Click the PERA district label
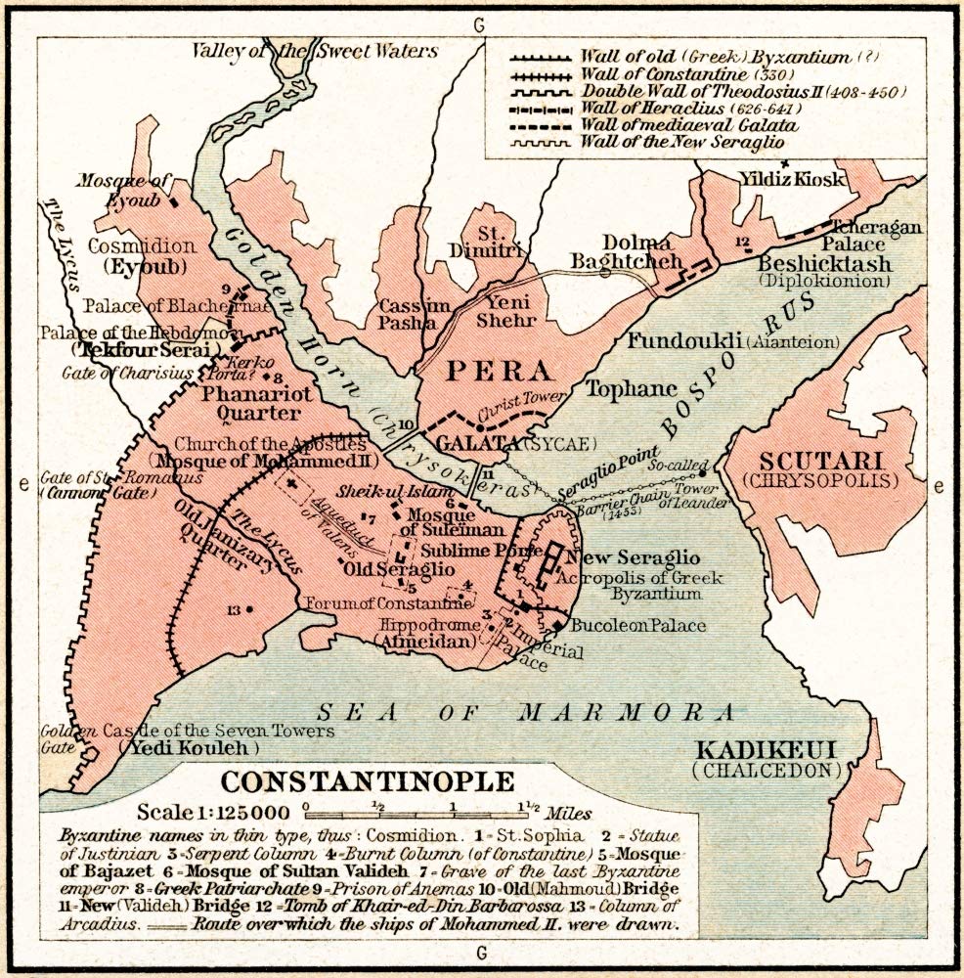[483, 372]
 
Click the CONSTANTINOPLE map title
[367, 782]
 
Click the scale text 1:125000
[214, 812]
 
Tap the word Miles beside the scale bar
[569, 813]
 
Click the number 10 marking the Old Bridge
[408, 424]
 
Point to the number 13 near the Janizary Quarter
[233, 610]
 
